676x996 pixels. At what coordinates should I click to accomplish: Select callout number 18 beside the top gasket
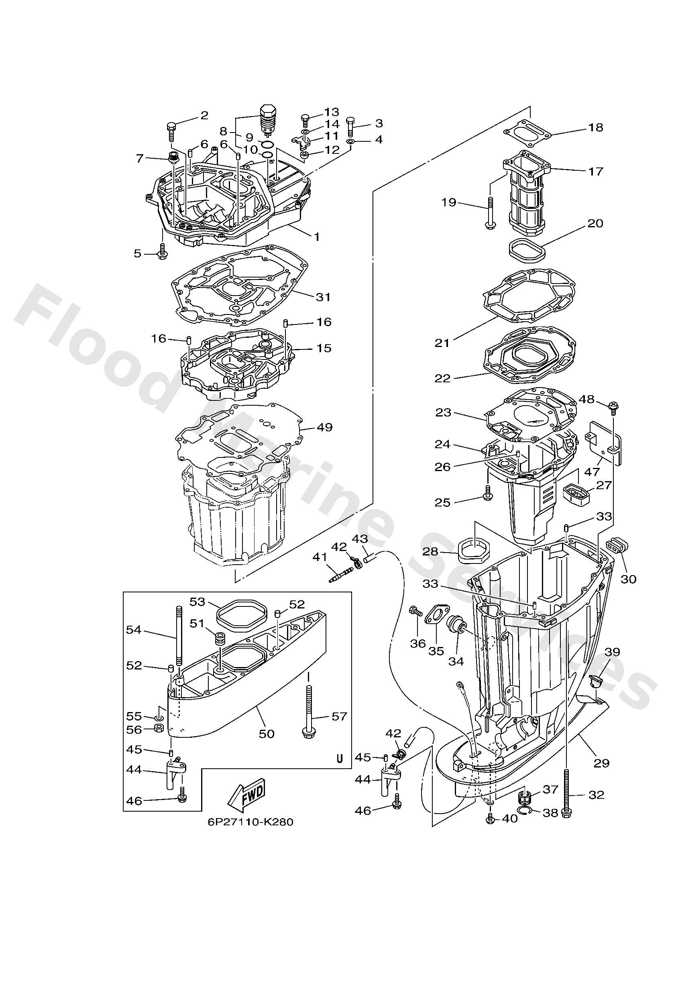tap(595, 128)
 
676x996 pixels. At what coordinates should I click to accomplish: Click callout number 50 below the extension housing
tap(266, 734)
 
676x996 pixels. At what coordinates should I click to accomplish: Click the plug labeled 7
tap(174, 158)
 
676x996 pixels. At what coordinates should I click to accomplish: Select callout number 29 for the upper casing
tap(601, 763)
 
